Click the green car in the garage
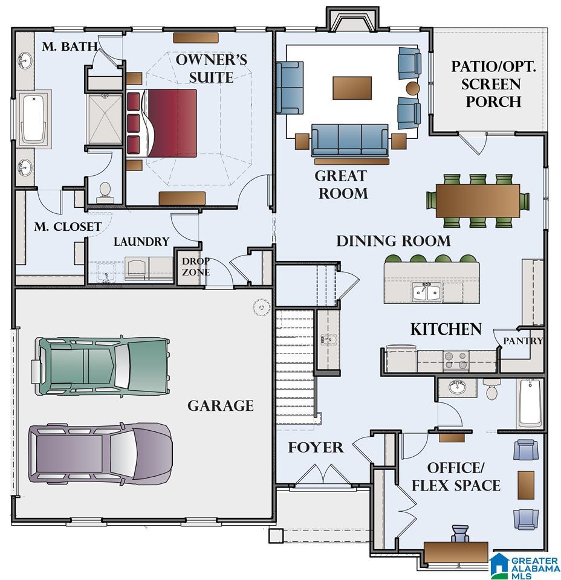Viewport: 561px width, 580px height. coord(100,366)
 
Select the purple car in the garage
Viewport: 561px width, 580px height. coord(100,454)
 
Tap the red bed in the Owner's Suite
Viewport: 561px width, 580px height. coord(161,123)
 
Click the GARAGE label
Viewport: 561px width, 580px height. coord(221,406)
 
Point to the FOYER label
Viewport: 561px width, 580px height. coord(316,447)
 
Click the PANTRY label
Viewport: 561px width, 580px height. coord(523,341)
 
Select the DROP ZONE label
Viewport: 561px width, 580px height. coord(196,266)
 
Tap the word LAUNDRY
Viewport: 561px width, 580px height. coord(141,242)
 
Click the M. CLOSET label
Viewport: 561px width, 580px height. coord(68,227)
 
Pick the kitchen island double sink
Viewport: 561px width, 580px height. coord(426,292)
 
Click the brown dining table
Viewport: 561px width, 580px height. coord(478,201)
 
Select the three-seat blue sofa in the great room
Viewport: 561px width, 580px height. coord(349,140)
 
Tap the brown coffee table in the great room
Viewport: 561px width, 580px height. coord(352,88)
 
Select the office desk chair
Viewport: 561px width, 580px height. coord(460,533)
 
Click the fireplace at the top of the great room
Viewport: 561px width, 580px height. coord(352,19)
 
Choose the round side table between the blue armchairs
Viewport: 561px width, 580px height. coord(413,88)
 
